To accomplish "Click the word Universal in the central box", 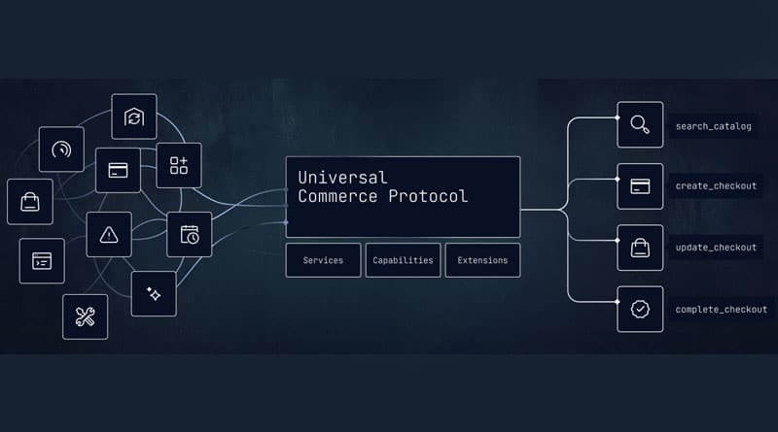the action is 342,178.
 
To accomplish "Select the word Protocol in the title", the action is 428,196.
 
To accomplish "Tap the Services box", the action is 323,260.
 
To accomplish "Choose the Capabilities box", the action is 403,260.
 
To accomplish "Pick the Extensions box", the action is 482,260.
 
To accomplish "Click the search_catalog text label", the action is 714,126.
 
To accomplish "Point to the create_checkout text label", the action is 716,186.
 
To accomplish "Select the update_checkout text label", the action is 716,248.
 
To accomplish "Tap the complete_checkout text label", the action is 722,309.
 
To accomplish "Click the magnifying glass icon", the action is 640,124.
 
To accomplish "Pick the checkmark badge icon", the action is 640,309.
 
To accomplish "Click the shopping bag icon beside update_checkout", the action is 640,248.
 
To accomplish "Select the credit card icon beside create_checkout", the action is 640,186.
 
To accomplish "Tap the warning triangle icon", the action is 109,235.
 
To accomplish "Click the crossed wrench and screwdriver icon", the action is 85,317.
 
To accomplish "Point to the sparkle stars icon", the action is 154,294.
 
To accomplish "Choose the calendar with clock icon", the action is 190,234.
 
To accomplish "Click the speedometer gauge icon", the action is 61,150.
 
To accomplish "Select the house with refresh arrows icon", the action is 134,116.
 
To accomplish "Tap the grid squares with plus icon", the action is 179,165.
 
